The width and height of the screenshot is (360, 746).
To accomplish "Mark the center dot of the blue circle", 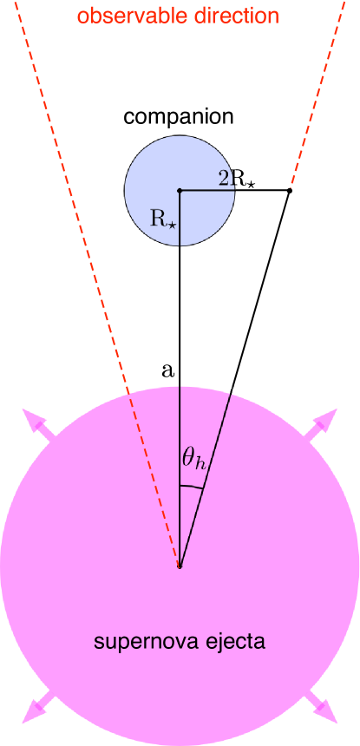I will pos(180,191).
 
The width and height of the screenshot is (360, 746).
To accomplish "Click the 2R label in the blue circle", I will pos(227,179).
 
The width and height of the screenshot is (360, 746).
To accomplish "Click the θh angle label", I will pos(193,459).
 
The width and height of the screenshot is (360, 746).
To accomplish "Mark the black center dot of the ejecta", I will pos(180,566).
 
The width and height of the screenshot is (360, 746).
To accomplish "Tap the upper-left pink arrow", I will pos(38,424).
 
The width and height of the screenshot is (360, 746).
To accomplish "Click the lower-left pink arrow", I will pos(38,708).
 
